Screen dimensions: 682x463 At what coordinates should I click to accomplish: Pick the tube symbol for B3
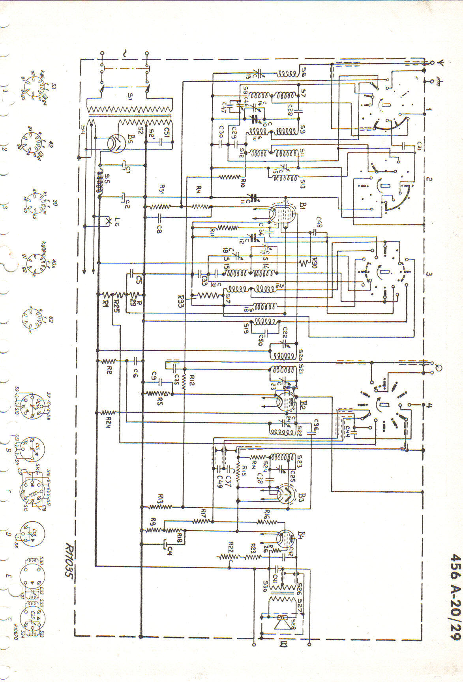click(x=286, y=494)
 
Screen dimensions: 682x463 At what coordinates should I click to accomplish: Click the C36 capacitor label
click(x=315, y=424)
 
